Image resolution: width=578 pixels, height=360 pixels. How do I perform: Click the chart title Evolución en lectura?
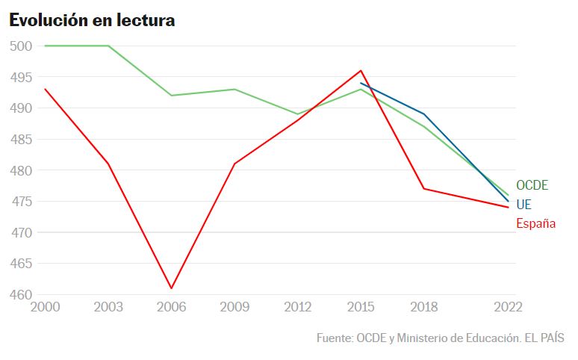click(x=92, y=21)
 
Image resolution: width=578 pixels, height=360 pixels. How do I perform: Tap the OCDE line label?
click(x=532, y=185)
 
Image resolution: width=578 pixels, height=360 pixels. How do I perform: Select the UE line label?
click(x=523, y=204)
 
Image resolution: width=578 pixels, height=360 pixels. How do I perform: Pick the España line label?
click(x=535, y=223)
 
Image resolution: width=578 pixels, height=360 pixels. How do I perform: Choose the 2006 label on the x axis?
click(x=172, y=308)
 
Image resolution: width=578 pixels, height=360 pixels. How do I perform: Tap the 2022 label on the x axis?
click(x=508, y=308)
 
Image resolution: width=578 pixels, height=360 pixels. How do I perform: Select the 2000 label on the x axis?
click(x=45, y=308)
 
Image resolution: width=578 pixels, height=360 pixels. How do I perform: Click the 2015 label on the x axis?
click(x=361, y=308)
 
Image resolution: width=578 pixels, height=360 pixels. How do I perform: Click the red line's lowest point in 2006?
click(x=172, y=288)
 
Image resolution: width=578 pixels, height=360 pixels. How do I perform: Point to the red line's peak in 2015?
click(x=361, y=70)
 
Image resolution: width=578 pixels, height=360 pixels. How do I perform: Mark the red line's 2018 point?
click(x=423, y=188)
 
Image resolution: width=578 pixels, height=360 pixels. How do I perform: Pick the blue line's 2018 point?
click(x=423, y=114)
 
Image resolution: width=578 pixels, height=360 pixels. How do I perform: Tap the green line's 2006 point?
click(x=172, y=96)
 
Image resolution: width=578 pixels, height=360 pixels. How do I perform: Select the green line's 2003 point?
click(x=109, y=46)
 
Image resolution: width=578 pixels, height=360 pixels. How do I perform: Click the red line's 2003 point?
click(x=109, y=164)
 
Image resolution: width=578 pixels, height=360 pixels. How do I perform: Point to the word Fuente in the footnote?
click(x=334, y=338)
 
